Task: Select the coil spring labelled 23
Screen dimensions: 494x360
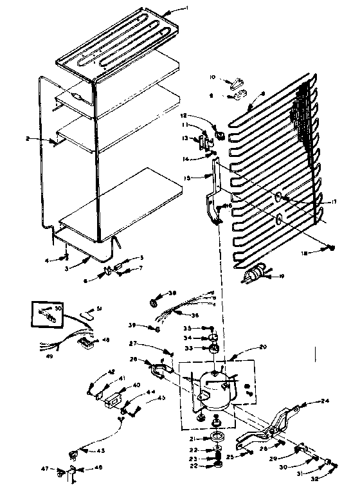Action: (x=218, y=458)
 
